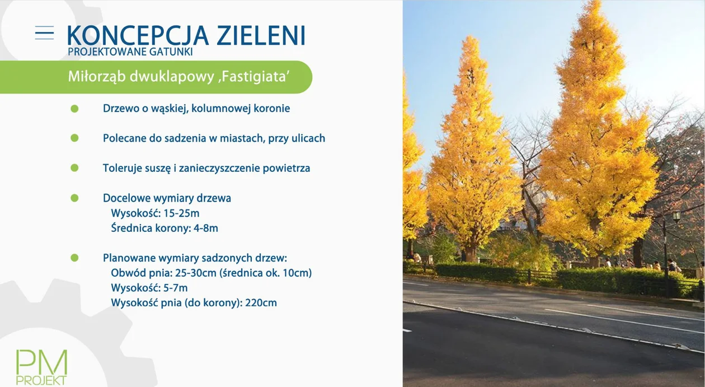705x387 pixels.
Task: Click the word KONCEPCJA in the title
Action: (138, 35)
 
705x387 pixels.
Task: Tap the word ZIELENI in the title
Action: (262, 35)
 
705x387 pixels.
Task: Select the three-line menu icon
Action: (44, 33)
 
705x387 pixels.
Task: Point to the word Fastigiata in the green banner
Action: (253, 77)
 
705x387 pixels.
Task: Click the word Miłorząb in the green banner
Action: (97, 77)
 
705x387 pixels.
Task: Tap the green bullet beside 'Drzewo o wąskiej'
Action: (74, 109)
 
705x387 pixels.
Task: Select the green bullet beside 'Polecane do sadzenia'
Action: (74, 138)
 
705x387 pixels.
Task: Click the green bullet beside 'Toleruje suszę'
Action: (74, 168)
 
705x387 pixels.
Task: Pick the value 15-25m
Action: (182, 213)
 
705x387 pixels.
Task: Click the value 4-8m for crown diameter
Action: (206, 228)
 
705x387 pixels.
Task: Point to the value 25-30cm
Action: (195, 273)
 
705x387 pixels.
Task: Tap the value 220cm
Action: (261, 303)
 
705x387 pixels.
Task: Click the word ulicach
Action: (308, 138)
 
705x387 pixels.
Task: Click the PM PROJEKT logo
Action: (41, 367)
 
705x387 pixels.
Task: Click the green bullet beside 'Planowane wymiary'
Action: (74, 258)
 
